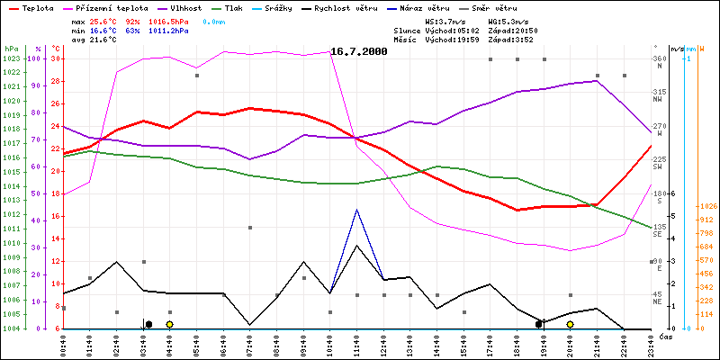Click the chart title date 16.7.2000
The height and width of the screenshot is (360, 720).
[x=359, y=52]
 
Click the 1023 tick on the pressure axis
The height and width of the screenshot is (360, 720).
[x=11, y=58]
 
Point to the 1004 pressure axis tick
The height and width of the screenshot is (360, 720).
[x=11, y=328]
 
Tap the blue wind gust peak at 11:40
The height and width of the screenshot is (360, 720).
[x=357, y=210]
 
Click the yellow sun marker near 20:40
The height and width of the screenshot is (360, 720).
[x=570, y=324]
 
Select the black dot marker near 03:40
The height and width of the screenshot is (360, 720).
[x=148, y=324]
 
